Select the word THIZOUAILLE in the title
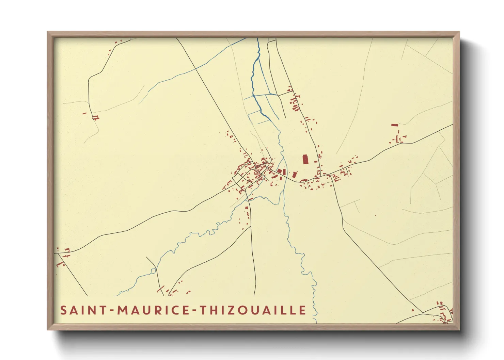pos(252,310)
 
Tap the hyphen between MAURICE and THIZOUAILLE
pos(193,311)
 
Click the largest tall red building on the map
pos(305,159)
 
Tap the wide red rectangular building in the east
pos(395,125)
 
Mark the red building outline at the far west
pos(96,118)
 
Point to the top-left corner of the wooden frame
pos(48,32)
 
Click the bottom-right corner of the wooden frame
pos(458,329)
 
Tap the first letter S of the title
pos(63,310)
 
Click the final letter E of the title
pos(302,310)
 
